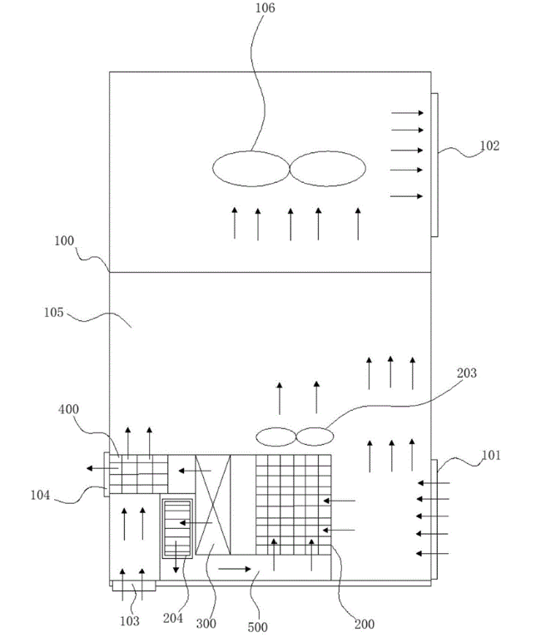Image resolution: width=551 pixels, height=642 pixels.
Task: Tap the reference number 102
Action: [x=490, y=145]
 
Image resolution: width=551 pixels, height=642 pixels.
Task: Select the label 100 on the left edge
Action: [x=64, y=241]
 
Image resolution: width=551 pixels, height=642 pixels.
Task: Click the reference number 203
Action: [x=466, y=373]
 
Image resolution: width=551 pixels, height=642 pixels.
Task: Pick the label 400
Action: [x=71, y=410]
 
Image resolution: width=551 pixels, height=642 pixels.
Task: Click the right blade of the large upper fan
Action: [x=328, y=170]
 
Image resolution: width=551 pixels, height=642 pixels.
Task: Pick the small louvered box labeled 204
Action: [x=176, y=529]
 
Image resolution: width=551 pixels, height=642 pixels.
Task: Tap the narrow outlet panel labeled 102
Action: [x=434, y=164]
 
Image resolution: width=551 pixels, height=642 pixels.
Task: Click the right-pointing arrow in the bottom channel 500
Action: [x=232, y=570]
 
